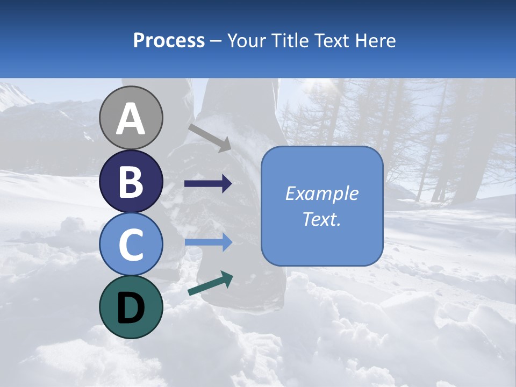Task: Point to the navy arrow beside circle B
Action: point(208,184)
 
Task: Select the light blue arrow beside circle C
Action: point(208,242)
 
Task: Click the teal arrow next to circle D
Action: point(210,284)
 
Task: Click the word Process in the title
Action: point(169,40)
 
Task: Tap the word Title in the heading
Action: point(289,40)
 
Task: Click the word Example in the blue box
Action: point(321,193)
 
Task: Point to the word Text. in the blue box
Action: point(321,219)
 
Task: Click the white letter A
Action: point(131,119)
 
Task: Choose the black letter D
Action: point(131,309)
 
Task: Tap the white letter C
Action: point(131,245)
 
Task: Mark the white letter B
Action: point(131,182)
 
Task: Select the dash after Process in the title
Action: point(216,41)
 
